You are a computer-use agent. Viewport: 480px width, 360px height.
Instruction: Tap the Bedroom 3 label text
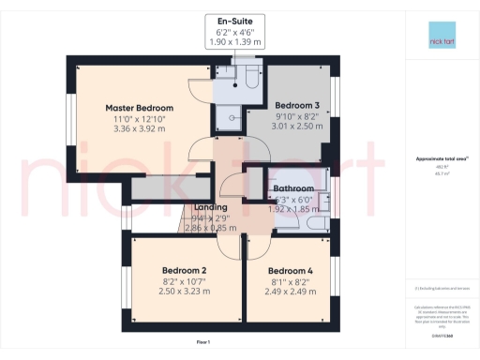click(297, 104)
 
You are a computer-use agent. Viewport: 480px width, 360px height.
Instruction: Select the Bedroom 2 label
click(184, 270)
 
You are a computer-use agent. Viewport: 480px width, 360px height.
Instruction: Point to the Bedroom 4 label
click(290, 270)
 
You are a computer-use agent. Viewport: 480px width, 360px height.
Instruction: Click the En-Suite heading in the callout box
click(234, 20)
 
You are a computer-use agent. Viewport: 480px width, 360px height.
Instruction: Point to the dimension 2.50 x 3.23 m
click(184, 292)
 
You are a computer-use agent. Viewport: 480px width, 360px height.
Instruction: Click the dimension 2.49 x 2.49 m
click(290, 292)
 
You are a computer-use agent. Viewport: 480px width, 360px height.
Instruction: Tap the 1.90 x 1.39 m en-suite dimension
click(234, 43)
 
